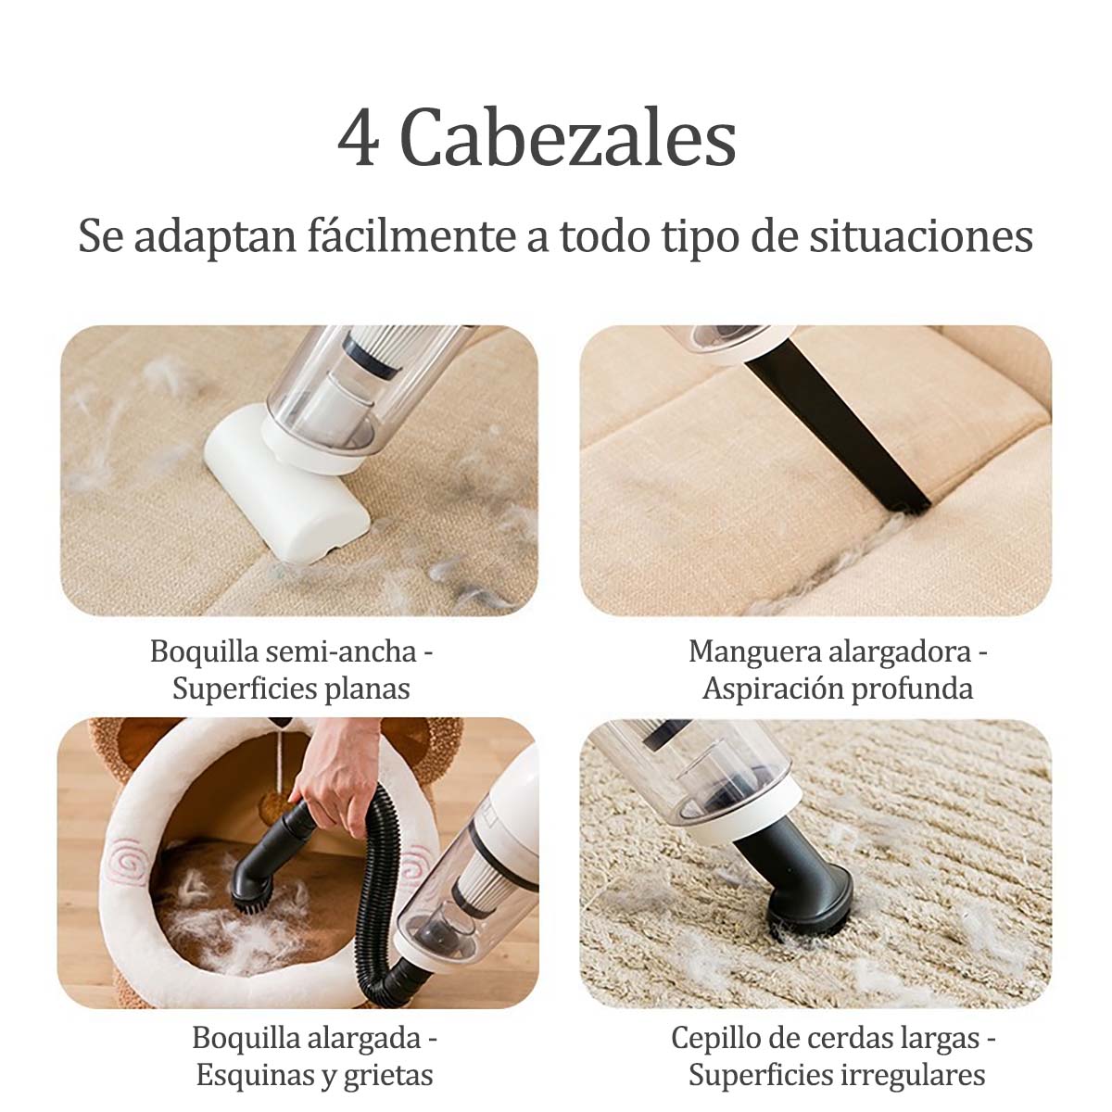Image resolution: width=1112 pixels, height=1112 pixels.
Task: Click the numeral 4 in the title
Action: [359, 137]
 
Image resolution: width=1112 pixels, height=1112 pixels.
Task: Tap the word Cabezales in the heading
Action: [568, 137]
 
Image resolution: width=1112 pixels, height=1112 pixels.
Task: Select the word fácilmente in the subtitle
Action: [411, 236]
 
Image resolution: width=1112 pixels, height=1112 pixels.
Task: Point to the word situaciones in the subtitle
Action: [921, 236]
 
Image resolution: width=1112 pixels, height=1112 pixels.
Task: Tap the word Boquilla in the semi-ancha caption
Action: [204, 652]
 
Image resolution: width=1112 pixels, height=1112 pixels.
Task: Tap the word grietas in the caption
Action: [389, 1061]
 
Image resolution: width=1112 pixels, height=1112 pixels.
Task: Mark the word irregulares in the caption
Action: [913, 1061]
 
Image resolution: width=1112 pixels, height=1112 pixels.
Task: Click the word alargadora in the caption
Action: [900, 652]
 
